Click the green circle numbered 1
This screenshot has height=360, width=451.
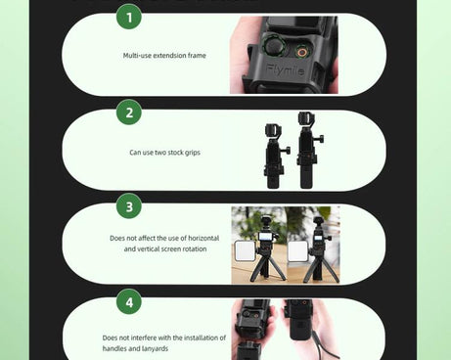[128, 17]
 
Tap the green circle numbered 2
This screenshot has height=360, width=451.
[128, 112]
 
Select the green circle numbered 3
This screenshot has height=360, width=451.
[128, 206]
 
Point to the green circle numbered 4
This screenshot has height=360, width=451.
[128, 301]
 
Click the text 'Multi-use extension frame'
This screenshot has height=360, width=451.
[164, 56]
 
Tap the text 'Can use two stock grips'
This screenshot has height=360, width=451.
[164, 153]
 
